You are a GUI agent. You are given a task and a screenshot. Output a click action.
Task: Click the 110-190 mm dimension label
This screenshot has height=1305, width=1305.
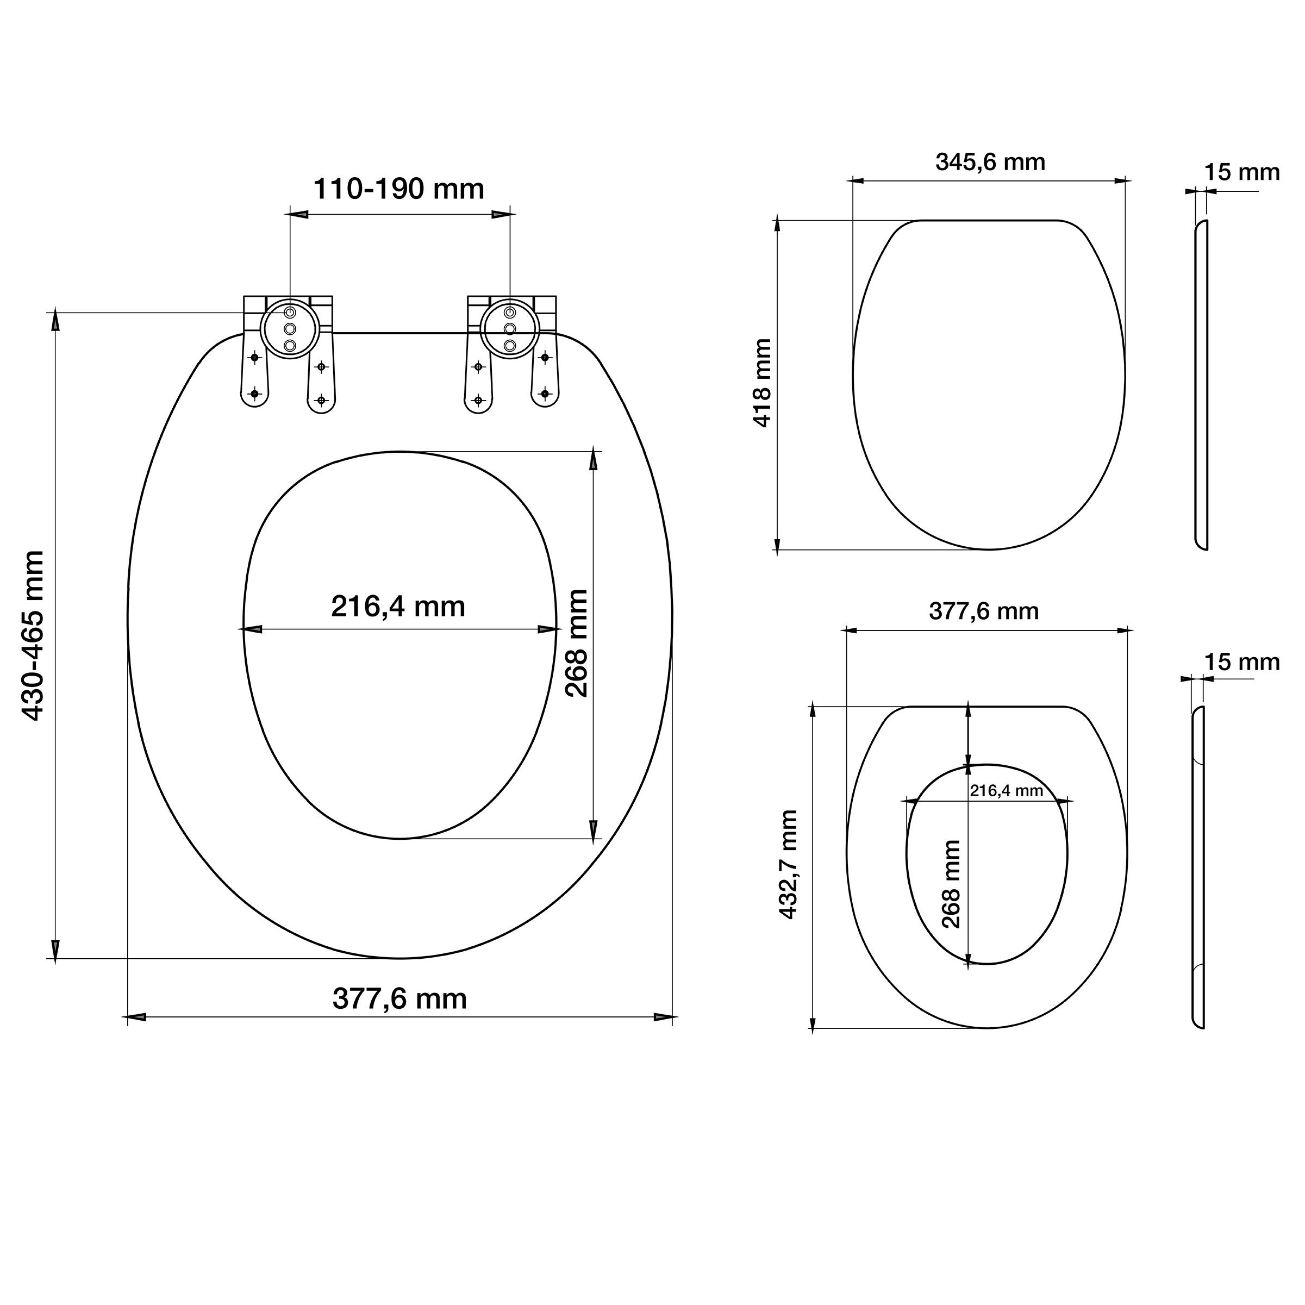(398, 189)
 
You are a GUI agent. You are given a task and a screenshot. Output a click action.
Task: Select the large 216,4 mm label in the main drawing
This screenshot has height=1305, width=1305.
(398, 607)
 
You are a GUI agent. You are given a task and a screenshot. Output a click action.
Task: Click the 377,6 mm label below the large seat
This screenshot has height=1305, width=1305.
(400, 998)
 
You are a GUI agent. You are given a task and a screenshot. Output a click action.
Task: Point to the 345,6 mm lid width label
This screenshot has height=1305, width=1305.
(990, 162)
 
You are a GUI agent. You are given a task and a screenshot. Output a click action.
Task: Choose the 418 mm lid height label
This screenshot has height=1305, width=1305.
(762, 383)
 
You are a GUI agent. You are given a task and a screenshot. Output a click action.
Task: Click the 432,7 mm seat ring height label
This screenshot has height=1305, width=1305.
(788, 865)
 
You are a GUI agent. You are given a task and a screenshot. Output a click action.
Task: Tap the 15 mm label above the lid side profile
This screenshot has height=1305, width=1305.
(1242, 172)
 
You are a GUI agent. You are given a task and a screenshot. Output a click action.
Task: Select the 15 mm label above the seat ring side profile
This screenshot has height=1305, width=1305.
(1242, 662)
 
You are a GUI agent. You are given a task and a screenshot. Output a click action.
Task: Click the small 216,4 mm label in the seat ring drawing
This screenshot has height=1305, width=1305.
(1007, 790)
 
